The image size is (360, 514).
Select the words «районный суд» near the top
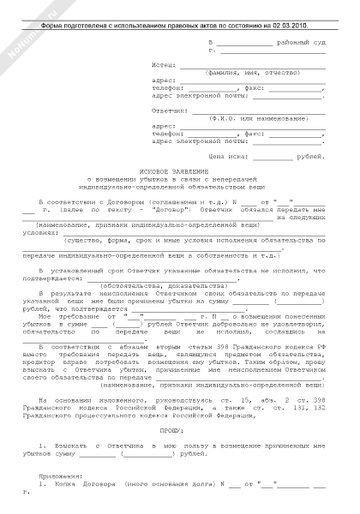(x=299, y=41)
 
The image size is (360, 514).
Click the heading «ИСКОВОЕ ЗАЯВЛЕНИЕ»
(x=180, y=171)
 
